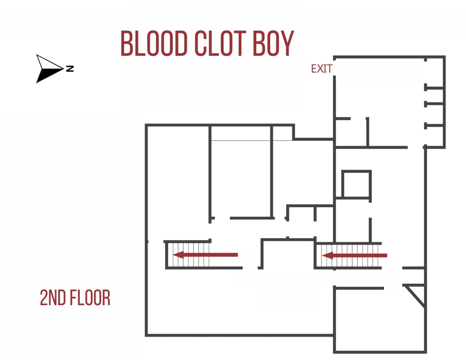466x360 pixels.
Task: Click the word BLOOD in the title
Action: (154, 43)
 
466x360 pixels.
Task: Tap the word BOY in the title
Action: (273, 43)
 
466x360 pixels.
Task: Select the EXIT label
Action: (321, 69)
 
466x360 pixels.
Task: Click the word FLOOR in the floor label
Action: (90, 298)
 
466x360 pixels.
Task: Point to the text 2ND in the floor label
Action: (52, 298)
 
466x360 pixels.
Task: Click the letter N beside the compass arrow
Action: (70, 68)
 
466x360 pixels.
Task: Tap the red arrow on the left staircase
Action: (206, 255)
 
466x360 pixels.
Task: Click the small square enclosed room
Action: (356, 184)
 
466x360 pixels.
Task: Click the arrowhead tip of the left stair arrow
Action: (175, 255)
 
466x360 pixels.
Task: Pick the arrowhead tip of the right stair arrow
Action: (324, 256)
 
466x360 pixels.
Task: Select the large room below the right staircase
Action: (379, 320)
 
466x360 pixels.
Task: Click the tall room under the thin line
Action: (241, 179)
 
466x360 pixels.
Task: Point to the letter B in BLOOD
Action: (127, 43)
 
